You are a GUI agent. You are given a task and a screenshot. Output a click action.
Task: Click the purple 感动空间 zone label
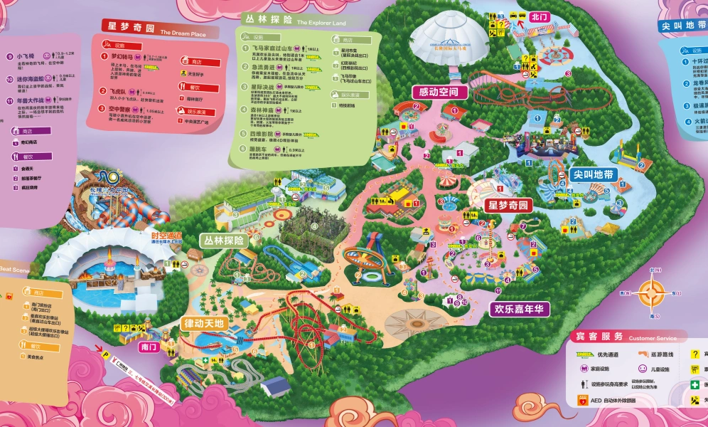click(442, 93)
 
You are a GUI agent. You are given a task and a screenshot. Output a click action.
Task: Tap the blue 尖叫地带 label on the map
click(594, 174)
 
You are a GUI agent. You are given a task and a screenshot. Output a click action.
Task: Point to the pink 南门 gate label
click(149, 347)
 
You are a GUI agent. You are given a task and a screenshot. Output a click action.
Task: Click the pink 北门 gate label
click(540, 16)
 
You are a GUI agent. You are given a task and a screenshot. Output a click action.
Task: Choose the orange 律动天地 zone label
click(204, 323)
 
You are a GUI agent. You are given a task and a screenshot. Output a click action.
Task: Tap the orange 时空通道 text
click(166, 236)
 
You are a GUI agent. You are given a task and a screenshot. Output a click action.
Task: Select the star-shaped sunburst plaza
click(417, 322)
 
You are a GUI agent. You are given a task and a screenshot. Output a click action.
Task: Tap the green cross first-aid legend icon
click(694, 385)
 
